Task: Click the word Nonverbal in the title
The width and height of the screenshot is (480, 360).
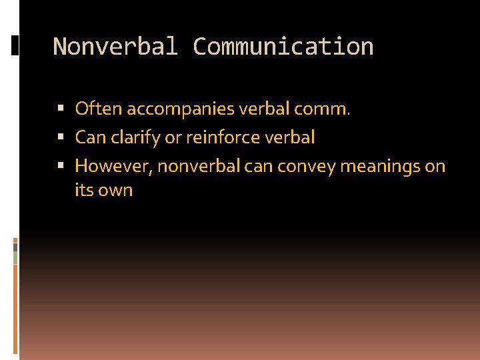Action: [x=115, y=47]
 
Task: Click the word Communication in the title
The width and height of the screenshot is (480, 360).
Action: [x=283, y=47]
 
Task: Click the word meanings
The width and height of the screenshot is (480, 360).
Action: [x=380, y=166]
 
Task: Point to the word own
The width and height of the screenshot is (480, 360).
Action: [x=116, y=190]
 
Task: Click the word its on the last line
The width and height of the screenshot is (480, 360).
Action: [x=84, y=190]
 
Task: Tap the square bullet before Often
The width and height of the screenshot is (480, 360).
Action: [x=61, y=109]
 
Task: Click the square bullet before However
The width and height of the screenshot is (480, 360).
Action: [x=61, y=166]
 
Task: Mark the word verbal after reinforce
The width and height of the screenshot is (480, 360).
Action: [x=290, y=138]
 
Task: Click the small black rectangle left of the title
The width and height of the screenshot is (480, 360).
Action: [x=15, y=45]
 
